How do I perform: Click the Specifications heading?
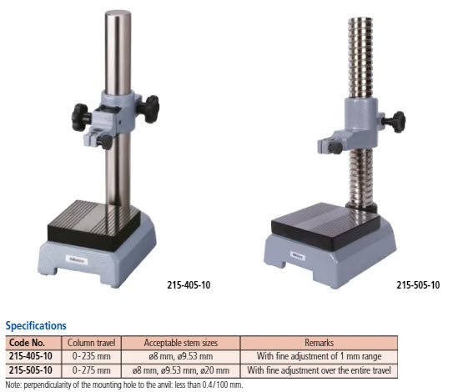[x=36, y=325]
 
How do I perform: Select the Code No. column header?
[x=28, y=343]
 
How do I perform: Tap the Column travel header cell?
[x=91, y=343]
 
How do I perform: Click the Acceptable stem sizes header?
[x=181, y=343]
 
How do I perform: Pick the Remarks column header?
[x=320, y=343]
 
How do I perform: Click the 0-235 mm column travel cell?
[x=91, y=356]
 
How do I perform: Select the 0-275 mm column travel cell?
[x=91, y=370]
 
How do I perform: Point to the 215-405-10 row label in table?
[x=31, y=356]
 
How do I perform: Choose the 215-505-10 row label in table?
[x=31, y=370]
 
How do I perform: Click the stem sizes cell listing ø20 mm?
[x=181, y=370]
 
